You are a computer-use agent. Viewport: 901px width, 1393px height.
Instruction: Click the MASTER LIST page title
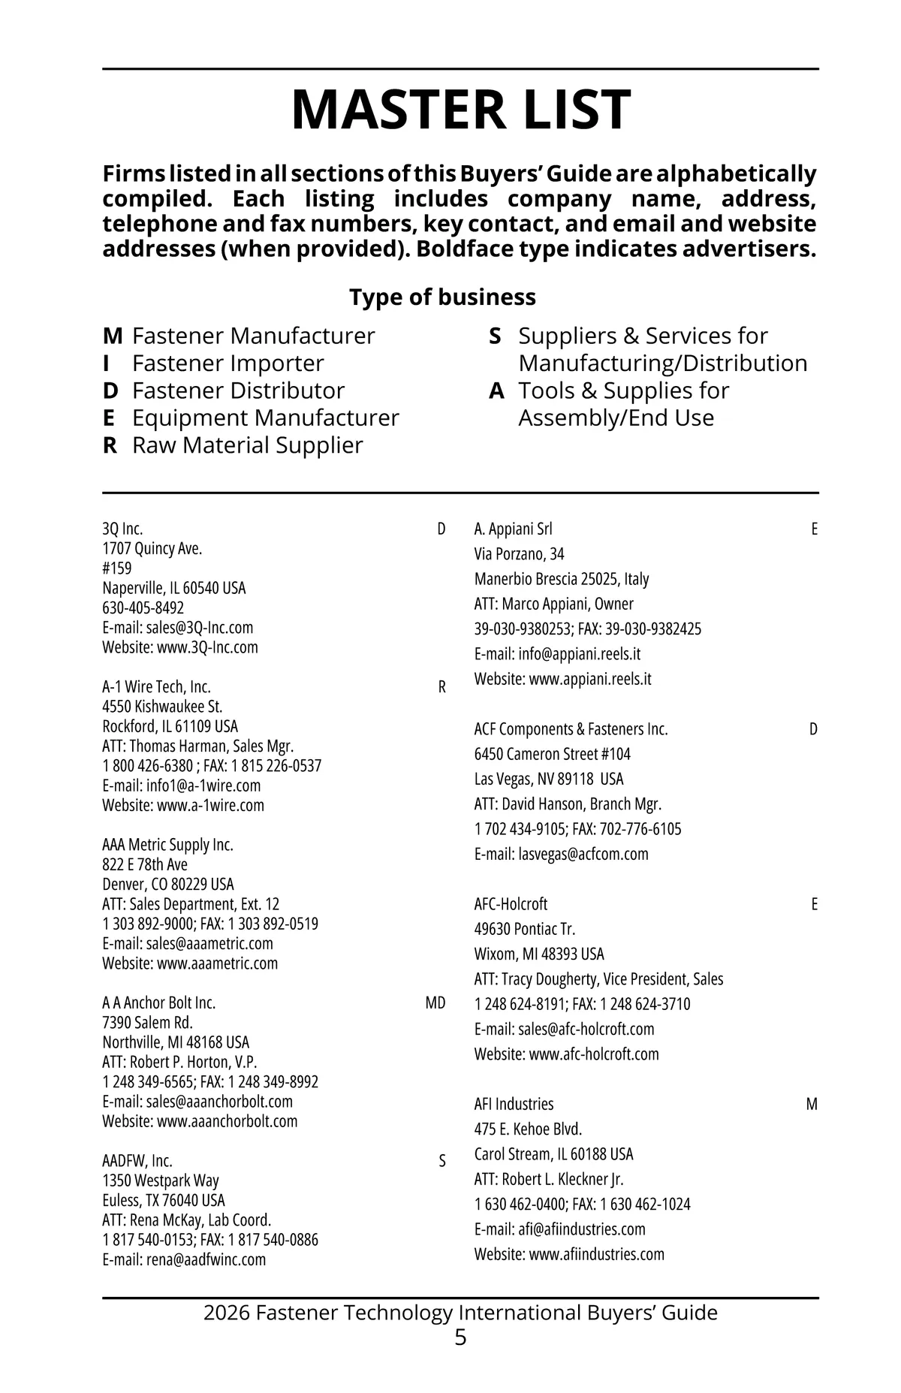tap(460, 110)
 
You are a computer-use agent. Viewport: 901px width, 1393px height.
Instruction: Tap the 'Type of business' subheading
tap(442, 297)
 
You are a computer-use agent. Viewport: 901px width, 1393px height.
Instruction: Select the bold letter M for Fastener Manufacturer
tap(112, 336)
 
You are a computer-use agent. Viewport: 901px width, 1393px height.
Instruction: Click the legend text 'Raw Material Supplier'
tap(247, 445)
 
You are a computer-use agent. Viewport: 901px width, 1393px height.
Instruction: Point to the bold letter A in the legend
tap(496, 390)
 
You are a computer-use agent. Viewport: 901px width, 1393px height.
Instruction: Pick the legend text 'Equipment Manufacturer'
tap(265, 418)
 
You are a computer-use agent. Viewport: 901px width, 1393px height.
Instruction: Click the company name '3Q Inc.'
tap(122, 529)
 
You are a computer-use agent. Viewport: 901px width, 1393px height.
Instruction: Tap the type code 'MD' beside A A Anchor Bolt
tap(435, 1003)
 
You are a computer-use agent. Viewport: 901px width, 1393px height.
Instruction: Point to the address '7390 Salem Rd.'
tap(147, 1023)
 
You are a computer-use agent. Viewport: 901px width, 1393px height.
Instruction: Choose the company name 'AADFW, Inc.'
tap(137, 1161)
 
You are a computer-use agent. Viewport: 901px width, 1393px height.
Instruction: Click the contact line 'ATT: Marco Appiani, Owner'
tap(553, 604)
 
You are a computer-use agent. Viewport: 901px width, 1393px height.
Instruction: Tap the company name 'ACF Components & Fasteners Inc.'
tap(571, 729)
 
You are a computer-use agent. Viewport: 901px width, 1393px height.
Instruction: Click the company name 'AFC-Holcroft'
tap(511, 904)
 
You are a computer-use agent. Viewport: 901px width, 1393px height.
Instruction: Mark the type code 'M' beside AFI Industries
tap(812, 1104)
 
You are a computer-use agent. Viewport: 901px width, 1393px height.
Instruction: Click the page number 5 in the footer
tap(460, 1337)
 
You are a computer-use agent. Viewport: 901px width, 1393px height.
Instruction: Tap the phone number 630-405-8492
tap(143, 608)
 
